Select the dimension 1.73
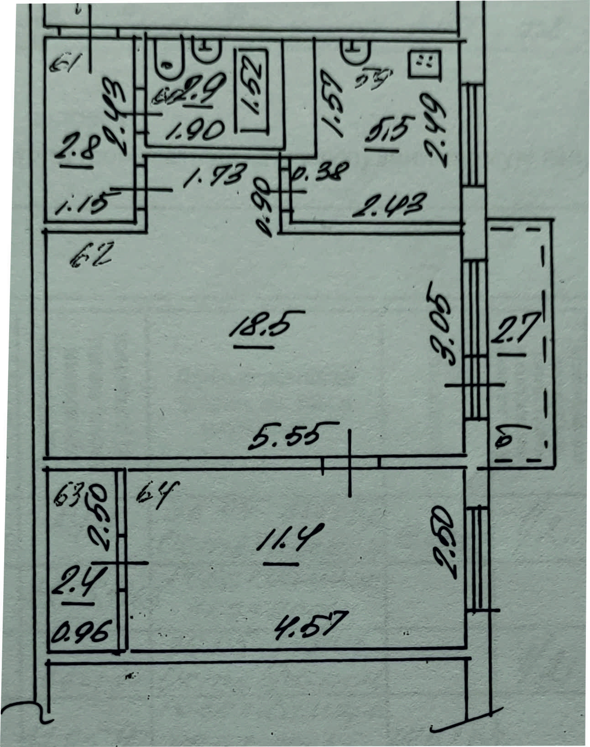click(215, 175)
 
